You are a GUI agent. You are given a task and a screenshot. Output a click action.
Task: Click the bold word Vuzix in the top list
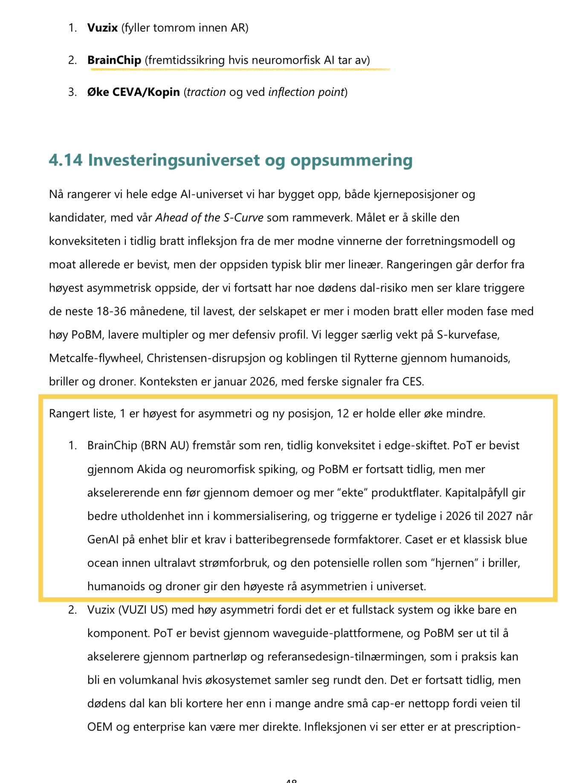(x=102, y=28)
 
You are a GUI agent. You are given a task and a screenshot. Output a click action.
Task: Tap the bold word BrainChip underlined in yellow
(x=114, y=60)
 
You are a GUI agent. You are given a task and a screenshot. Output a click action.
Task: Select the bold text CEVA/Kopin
(x=146, y=92)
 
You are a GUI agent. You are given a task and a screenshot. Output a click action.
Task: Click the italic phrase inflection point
(x=306, y=92)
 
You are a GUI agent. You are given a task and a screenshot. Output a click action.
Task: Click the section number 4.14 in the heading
(x=66, y=160)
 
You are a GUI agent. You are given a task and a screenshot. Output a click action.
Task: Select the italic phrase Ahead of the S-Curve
(x=209, y=218)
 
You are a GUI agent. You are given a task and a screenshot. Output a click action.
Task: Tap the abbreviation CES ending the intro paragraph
(x=412, y=381)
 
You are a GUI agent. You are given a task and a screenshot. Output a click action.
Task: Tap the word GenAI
(x=103, y=539)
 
